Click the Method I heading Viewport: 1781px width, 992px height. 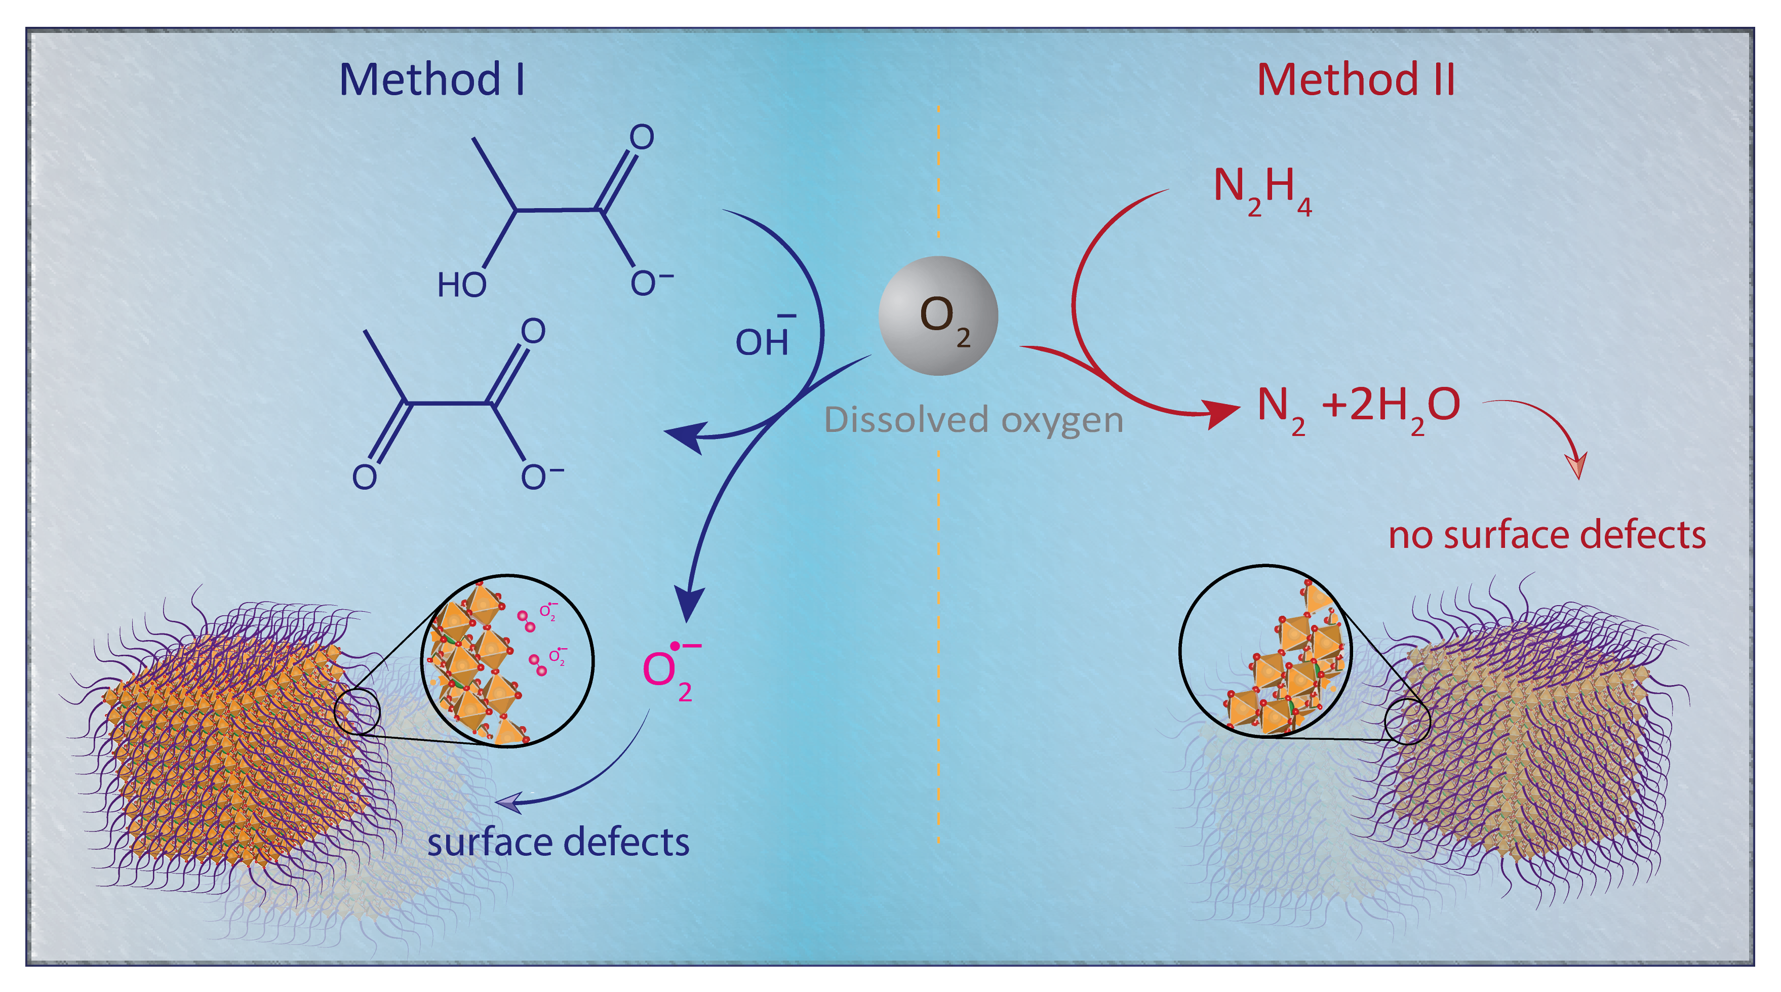pyautogui.click(x=431, y=80)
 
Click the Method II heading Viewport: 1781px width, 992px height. pyautogui.click(x=1355, y=80)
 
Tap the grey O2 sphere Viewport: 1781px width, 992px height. pyautogui.click(x=937, y=316)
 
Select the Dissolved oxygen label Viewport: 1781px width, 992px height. pyautogui.click(x=973, y=420)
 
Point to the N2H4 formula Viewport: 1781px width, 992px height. pyautogui.click(x=1262, y=190)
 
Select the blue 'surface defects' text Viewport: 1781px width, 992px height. pyautogui.click(x=558, y=843)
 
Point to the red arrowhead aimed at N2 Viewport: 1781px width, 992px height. pyautogui.click(x=1221, y=413)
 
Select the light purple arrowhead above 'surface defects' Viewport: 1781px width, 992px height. pyautogui.click(x=508, y=803)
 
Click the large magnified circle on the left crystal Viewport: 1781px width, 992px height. pyautogui.click(x=507, y=661)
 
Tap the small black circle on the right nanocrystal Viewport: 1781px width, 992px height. pyautogui.click(x=1408, y=721)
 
